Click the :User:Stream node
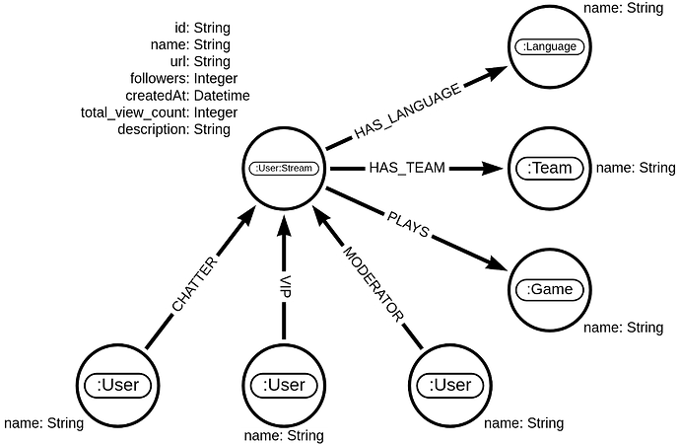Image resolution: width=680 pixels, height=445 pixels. coord(283,169)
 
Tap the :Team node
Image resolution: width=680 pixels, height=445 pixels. coord(550,169)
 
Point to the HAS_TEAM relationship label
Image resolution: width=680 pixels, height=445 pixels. coord(407,169)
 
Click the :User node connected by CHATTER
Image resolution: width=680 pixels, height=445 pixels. coord(118,384)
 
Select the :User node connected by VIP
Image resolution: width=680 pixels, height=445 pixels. coord(284,384)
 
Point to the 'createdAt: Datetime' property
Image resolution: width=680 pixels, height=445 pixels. coord(182,95)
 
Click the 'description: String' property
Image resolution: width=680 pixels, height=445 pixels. coord(173,129)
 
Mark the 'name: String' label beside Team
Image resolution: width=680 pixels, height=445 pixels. coord(636,169)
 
